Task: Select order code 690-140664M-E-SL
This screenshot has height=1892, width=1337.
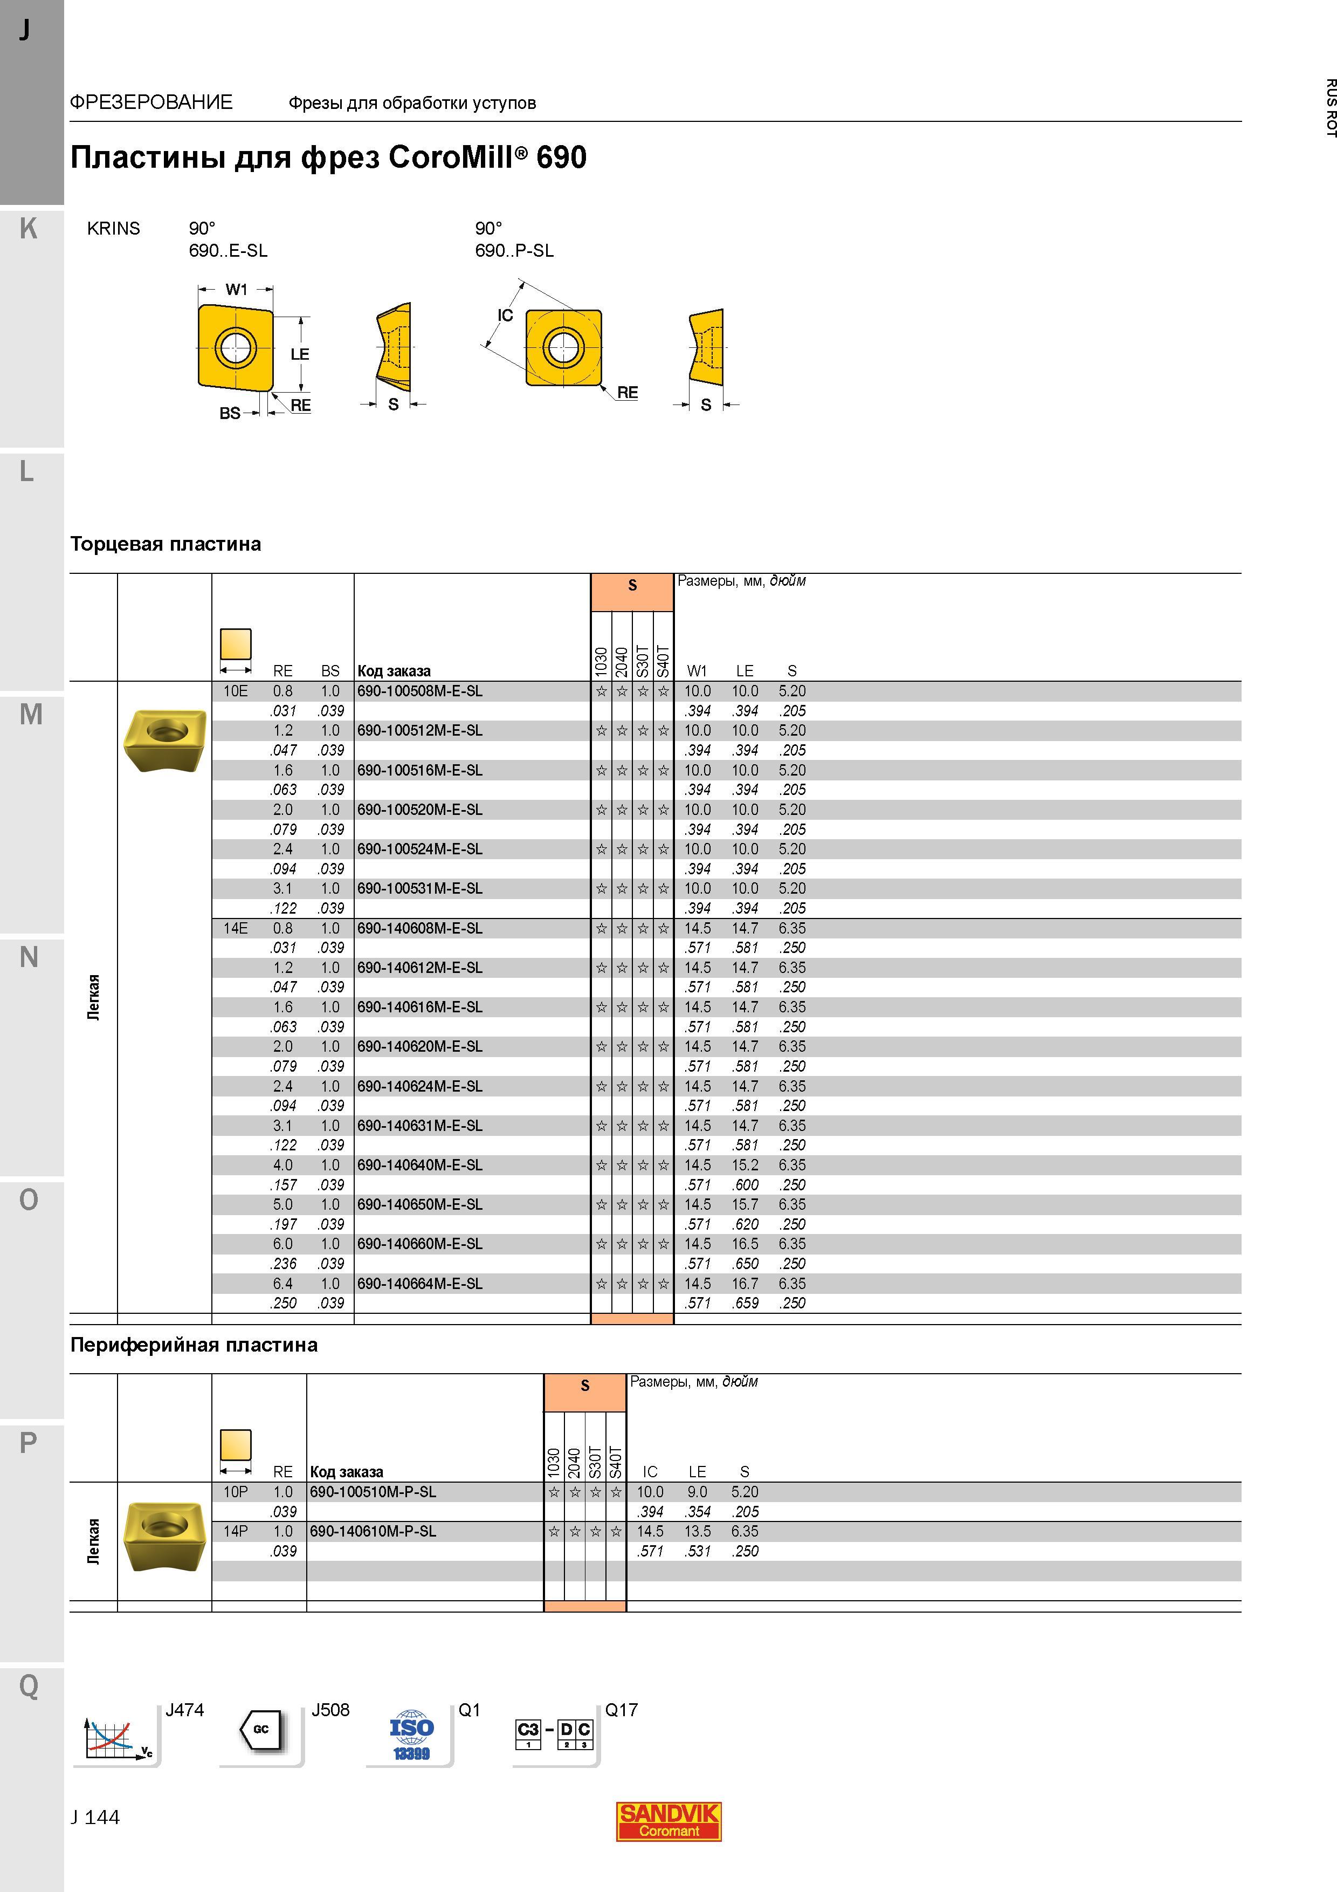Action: coord(419,1284)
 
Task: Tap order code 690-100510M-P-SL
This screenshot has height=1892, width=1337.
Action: coord(373,1491)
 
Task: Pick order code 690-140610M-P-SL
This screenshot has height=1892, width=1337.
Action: coord(373,1531)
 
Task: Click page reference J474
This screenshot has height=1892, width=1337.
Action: coord(184,1710)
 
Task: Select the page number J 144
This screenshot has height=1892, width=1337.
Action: coord(95,1817)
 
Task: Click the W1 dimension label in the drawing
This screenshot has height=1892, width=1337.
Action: coord(237,289)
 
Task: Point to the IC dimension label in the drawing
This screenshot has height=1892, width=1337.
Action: coord(505,316)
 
